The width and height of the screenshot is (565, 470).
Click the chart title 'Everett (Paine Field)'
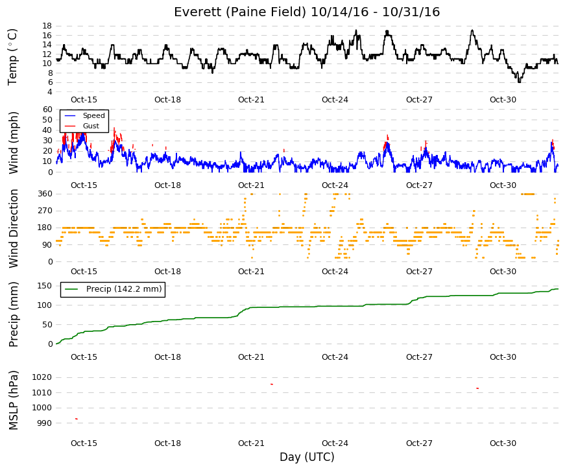point(240,12)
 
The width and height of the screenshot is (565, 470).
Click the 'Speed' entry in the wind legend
point(93,115)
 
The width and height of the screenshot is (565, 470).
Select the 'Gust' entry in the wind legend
point(91,126)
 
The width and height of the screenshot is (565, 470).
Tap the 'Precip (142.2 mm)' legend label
point(124,289)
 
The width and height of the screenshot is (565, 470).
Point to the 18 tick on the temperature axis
point(47,26)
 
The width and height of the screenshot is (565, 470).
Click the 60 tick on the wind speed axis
point(47,110)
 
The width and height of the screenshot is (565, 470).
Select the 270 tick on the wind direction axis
point(45,211)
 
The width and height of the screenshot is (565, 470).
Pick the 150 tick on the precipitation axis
point(45,286)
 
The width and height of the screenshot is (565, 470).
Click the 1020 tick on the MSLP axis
point(42,377)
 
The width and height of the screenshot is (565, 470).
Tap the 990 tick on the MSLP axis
point(45,423)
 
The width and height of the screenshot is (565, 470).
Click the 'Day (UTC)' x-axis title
point(307,457)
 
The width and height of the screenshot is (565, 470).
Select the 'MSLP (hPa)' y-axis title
point(14,401)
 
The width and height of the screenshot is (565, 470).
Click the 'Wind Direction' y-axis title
point(14,229)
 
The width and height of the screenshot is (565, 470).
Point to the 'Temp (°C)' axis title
point(12,57)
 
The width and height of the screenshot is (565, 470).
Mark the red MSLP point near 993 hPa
point(77,419)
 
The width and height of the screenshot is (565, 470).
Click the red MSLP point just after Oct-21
point(272,384)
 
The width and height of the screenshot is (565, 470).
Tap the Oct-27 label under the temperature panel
point(419,100)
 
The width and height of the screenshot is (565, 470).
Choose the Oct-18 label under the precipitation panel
point(167,357)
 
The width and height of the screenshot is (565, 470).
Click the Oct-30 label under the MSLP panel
point(503,443)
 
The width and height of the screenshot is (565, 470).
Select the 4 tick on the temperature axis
point(50,92)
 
